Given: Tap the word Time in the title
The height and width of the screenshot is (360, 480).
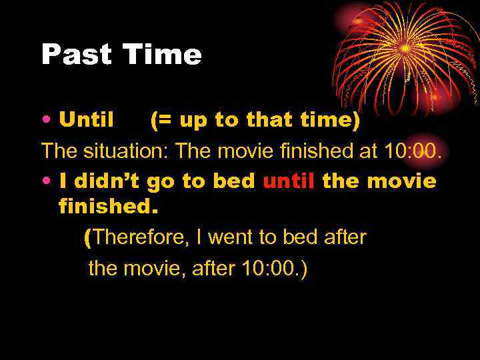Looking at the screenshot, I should point(162,55).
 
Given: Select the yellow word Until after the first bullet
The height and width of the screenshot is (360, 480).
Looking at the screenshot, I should point(87,121).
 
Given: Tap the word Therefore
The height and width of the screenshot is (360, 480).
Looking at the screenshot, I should point(141,238).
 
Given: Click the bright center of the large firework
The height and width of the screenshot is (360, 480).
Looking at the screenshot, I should point(405,48).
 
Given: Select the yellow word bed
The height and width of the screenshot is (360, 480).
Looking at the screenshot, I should point(236,181).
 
